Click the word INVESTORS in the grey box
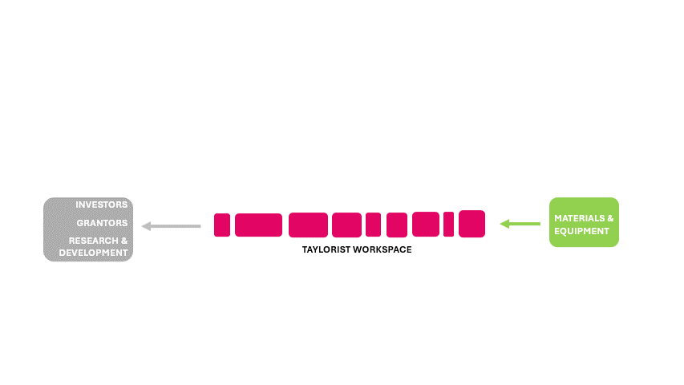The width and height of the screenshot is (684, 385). coord(102,205)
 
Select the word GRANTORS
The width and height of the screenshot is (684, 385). coord(102,223)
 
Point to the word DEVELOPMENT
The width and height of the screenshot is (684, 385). coord(93,253)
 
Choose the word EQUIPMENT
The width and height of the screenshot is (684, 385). coord(581,231)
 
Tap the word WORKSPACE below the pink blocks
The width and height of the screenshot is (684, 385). coord(385,249)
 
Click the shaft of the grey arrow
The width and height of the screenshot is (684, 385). coord(176,226)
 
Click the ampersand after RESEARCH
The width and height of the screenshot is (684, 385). coord(124,241)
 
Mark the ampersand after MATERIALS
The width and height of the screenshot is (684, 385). coord(610,217)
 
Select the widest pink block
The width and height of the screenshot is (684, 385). coord(258,225)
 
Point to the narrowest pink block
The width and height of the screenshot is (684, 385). coord(448,224)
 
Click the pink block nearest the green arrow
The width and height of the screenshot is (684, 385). coord(472,224)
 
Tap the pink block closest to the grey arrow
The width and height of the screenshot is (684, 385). coord(222,225)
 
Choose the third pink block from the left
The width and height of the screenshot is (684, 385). coord(308,225)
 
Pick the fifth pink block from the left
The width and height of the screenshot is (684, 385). coord(373,225)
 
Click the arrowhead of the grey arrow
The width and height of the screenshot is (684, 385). coord(146,226)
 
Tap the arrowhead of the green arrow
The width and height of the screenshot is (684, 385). coord(504,224)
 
